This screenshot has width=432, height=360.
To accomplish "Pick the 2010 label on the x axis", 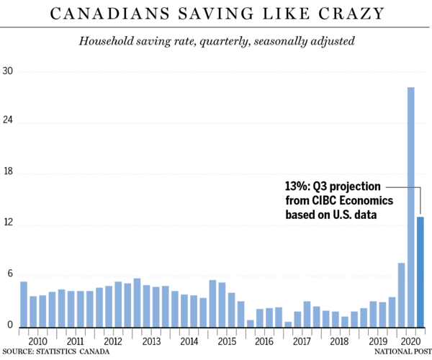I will (x=37, y=341).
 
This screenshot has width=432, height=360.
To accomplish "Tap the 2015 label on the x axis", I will (x=226, y=341).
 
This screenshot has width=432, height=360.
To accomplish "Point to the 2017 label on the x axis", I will (x=302, y=341).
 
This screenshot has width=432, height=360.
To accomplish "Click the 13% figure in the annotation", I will (x=297, y=185).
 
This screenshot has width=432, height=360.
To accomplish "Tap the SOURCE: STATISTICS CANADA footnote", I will (x=60, y=352).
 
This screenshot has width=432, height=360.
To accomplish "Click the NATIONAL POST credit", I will (x=400, y=352).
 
